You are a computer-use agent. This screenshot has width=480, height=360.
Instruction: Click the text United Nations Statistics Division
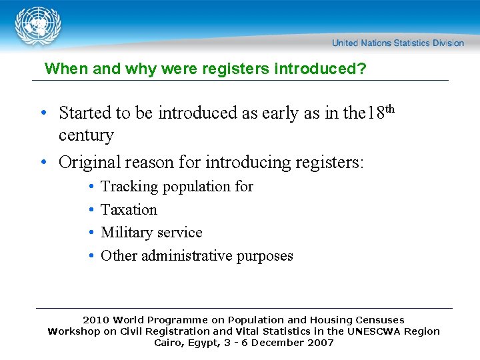click(x=398, y=43)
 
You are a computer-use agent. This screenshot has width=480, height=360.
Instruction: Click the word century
click(x=86, y=135)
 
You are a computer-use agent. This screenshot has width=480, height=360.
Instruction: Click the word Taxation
click(x=129, y=209)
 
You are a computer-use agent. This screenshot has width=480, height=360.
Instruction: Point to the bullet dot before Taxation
click(x=90, y=210)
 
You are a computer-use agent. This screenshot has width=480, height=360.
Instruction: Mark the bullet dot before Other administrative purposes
click(x=90, y=256)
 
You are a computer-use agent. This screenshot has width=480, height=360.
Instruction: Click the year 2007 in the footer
click(x=320, y=343)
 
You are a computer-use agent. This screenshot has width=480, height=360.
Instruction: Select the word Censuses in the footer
click(x=379, y=320)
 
